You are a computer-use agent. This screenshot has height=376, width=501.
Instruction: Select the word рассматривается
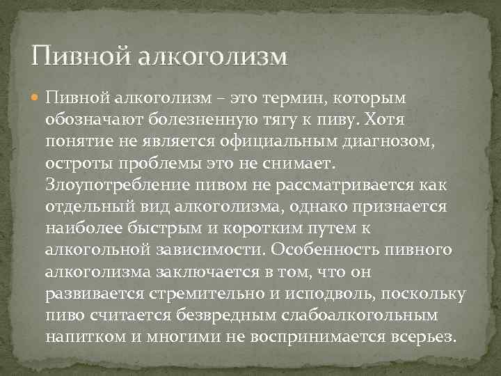coord(347,189)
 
